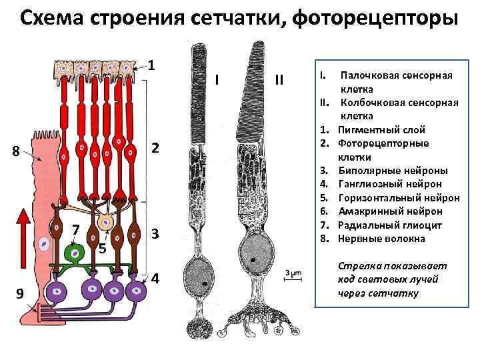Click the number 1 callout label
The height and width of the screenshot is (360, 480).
pyautogui.click(x=152, y=65)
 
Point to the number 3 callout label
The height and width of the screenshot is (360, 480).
pyautogui.click(x=155, y=234)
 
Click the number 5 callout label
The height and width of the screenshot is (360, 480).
pyautogui.click(x=102, y=249)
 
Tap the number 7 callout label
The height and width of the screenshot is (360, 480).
pyautogui.click(x=77, y=230)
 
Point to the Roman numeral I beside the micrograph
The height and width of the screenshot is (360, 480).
pyautogui.click(x=218, y=81)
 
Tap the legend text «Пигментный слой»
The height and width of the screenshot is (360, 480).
pyautogui.click(x=381, y=129)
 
